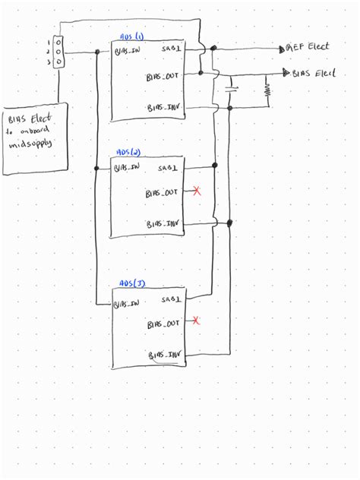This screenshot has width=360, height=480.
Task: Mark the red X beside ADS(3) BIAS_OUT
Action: (x=197, y=321)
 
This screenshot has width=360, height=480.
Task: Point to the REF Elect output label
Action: (x=308, y=47)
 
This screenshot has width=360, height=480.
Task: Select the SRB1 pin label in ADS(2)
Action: (x=169, y=167)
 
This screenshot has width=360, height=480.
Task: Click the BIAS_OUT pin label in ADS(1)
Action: (x=163, y=76)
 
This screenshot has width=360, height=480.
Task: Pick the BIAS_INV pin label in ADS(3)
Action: (x=166, y=355)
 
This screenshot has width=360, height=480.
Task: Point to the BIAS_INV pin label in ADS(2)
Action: (x=164, y=223)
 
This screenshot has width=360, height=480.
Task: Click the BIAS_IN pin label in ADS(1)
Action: (x=126, y=52)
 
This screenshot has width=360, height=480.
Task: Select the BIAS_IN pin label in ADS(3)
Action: (x=126, y=304)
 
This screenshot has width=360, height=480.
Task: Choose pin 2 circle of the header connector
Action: (x=58, y=52)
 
